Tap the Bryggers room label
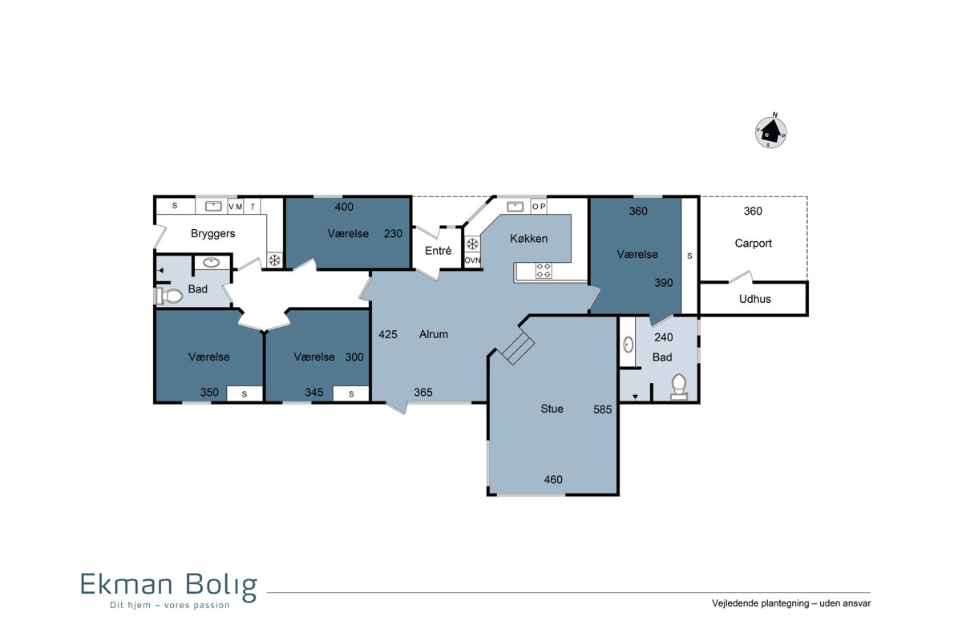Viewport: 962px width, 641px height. (212, 233)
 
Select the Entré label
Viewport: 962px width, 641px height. (438, 251)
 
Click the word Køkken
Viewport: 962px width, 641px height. (528, 239)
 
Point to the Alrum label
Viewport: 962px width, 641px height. (434, 334)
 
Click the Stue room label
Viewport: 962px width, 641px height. (552, 409)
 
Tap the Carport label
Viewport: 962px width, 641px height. (753, 244)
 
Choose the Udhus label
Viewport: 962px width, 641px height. (754, 299)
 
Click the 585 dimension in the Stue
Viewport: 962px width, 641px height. (602, 409)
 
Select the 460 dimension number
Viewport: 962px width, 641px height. (552, 480)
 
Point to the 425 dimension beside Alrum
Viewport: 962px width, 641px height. (387, 334)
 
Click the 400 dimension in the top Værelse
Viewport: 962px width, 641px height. (344, 207)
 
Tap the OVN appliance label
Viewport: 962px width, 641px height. (472, 260)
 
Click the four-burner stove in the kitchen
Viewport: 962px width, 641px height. (544, 271)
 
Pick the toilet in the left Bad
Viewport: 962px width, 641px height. (169, 296)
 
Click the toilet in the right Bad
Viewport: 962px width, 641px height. (678, 387)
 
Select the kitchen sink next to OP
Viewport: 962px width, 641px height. (515, 207)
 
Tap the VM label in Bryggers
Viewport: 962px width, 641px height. (236, 207)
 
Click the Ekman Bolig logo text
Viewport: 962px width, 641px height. (169, 586)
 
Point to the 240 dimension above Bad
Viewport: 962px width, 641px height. (663, 337)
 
